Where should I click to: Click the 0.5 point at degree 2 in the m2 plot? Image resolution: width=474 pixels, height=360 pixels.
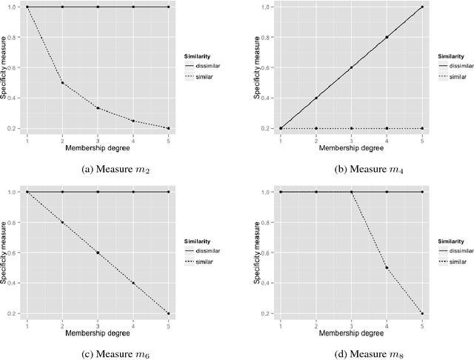62,83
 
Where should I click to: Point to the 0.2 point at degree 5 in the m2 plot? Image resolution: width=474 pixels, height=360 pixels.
168,128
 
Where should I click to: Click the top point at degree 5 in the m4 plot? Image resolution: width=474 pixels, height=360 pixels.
423,7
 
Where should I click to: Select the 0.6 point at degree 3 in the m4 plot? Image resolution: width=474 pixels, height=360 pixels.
352,67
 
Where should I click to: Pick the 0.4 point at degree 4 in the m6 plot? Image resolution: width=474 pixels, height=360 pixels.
133,283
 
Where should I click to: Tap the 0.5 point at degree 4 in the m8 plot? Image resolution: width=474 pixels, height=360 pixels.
387,267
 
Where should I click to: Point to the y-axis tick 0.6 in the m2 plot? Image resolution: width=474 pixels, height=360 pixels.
14,67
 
